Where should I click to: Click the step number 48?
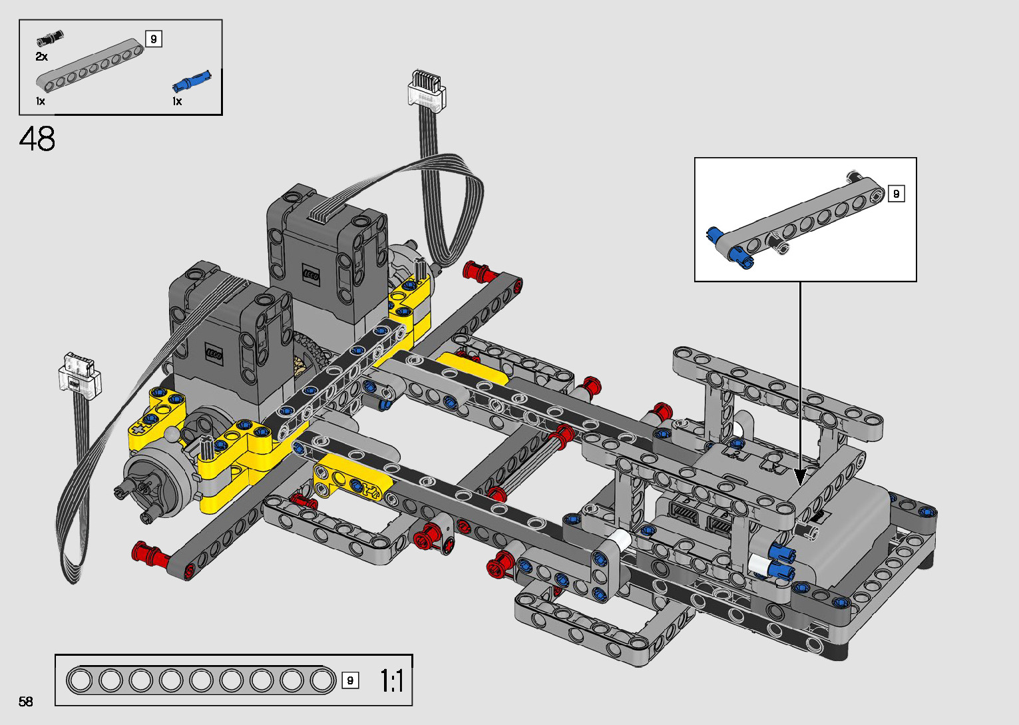(x=37, y=138)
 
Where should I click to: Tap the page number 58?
(x=26, y=701)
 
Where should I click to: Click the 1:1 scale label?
(x=391, y=681)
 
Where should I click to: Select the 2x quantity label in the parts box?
(x=41, y=57)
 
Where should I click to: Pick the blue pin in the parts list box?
(x=192, y=82)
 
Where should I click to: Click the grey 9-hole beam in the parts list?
(x=90, y=65)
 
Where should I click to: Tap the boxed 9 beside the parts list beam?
(x=154, y=39)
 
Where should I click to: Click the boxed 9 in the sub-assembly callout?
(x=896, y=194)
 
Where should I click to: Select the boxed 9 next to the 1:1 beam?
(x=350, y=680)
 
